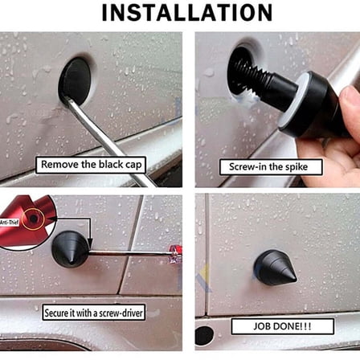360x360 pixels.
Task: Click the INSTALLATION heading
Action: click(187, 13)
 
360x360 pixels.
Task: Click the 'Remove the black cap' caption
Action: click(91, 165)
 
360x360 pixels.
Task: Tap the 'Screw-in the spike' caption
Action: click(271, 167)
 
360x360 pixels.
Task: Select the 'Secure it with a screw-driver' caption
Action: click(94, 313)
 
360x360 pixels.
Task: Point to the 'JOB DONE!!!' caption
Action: click(283, 326)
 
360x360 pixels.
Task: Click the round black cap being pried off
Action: click(75, 80)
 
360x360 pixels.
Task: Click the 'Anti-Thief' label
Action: click(9, 222)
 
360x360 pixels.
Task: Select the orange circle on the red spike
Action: click(33, 219)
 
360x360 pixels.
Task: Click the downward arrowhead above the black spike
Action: click(91, 243)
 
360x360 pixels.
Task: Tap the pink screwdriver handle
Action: click(176, 254)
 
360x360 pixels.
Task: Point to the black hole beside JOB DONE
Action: click(205, 336)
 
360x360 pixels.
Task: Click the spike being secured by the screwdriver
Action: click(70, 249)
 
